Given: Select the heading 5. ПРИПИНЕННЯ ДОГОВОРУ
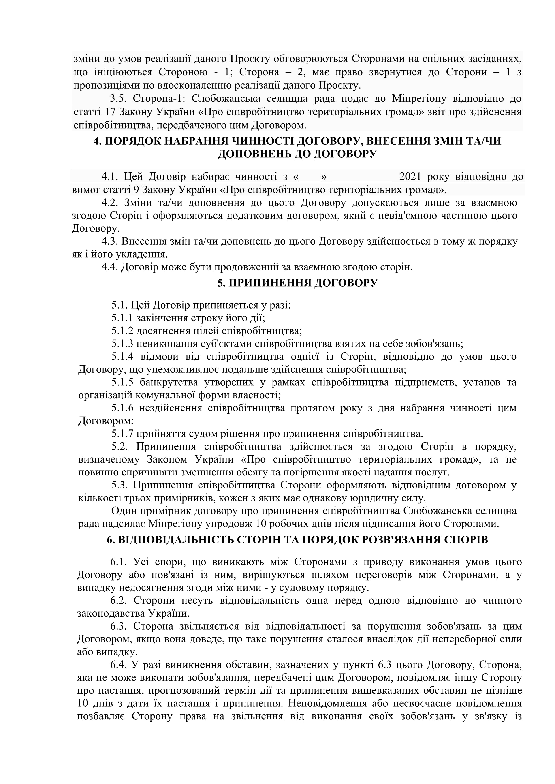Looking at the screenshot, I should tap(297, 283).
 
